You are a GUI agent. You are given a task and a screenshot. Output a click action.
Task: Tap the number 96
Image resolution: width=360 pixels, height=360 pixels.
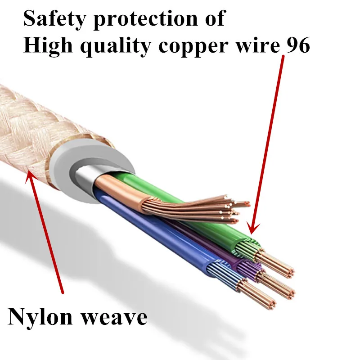coord(297,45)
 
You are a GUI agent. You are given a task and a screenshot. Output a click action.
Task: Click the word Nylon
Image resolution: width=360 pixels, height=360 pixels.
coord(40,317)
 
